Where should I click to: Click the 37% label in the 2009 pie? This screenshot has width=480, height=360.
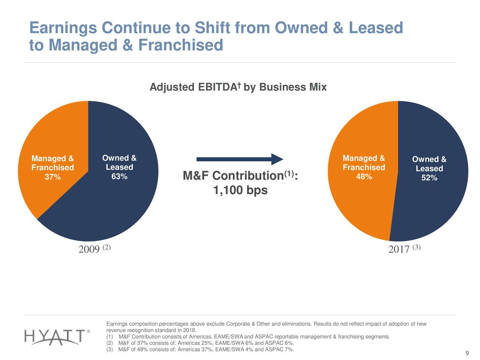coord(52,177)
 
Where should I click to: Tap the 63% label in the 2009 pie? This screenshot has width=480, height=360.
coord(119,176)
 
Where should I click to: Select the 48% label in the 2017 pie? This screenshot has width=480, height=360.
coord(364,176)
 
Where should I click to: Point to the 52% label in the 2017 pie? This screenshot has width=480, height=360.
coord(429,178)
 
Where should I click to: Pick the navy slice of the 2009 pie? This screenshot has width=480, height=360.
coord(112,210)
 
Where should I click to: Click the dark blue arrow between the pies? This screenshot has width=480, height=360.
coord(240,159)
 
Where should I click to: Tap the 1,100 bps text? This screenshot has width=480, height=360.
coord(240,191)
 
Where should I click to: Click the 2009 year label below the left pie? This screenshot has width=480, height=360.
coord(89,249)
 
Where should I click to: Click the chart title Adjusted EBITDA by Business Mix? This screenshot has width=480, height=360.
coord(238,87)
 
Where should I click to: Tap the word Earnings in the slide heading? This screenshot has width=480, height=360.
coord(63,28)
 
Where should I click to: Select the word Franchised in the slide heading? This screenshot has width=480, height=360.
coord(180,45)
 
